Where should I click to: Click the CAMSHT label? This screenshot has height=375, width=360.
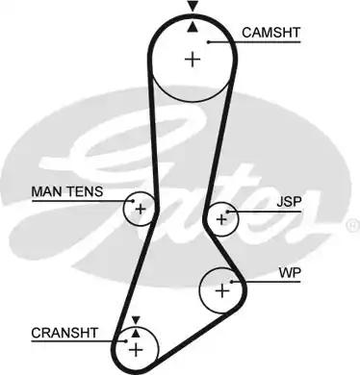coord(271,32)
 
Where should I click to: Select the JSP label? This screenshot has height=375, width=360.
coord(288,203)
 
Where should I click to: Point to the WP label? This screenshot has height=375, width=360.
coord(290,273)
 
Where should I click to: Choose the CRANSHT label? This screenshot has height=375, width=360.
coord(64,333)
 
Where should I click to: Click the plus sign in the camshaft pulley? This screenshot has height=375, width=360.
coord(193,60)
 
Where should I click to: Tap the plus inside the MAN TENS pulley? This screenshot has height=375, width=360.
coord(141,208)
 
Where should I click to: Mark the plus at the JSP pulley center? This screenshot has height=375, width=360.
coord(223,219)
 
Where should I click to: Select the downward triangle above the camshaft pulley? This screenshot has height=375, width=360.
coord(193,7)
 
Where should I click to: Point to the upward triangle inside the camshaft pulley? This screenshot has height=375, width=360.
coord(193,27)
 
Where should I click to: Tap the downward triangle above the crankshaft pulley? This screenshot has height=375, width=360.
coord(136,319)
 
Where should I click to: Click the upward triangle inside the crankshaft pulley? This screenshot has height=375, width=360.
coord(136,333)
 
